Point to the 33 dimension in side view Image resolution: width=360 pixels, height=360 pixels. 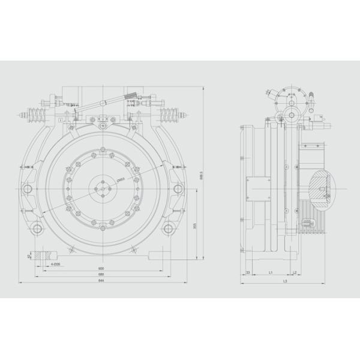tap(248, 272)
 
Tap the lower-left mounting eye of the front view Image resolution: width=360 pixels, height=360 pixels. tap(37, 229)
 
